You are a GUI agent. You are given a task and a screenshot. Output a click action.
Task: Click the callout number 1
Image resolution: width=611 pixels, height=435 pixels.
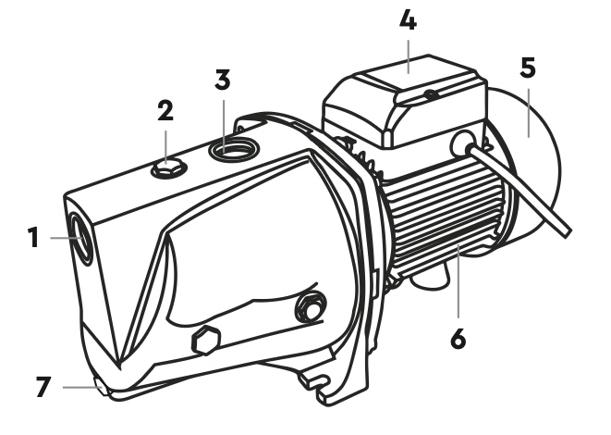pyautogui.click(x=34, y=238)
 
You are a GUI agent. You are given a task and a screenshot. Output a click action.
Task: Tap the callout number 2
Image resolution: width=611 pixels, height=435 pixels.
pyautogui.click(x=165, y=110)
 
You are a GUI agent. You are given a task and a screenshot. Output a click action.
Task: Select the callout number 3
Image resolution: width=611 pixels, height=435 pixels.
pyautogui.click(x=223, y=80)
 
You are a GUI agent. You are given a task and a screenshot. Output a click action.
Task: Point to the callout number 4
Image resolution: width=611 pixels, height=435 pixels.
pyautogui.click(x=408, y=20)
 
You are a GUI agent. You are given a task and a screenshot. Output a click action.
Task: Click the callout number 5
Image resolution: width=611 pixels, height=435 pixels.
pyautogui.click(x=528, y=68)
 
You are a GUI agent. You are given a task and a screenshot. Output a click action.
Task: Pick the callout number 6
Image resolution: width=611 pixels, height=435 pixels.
pyautogui.click(x=458, y=338)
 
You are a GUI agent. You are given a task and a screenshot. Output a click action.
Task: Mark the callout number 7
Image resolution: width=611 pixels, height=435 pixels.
pyautogui.click(x=43, y=386)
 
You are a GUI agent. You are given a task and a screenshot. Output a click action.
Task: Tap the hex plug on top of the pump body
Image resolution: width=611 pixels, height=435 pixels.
pyautogui.click(x=168, y=168)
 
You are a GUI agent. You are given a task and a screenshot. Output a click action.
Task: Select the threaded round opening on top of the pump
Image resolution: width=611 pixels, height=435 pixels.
pyautogui.click(x=234, y=149)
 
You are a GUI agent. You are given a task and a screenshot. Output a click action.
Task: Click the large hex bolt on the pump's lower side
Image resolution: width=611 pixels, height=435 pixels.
pyautogui.click(x=206, y=341)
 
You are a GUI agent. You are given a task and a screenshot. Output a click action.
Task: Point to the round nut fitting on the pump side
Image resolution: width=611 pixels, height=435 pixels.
pyautogui.click(x=312, y=307)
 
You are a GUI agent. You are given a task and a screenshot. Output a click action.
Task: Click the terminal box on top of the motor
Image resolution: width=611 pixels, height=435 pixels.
pyautogui.click(x=405, y=102)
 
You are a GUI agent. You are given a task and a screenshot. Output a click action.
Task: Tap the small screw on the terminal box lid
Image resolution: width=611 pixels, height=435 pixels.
pyautogui.click(x=431, y=94)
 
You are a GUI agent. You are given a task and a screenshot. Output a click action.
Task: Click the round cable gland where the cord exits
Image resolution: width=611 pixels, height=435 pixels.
pyautogui.click(x=463, y=143)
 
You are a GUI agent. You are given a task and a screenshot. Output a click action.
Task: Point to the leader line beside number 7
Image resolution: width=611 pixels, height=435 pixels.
pyautogui.click(x=81, y=387)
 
